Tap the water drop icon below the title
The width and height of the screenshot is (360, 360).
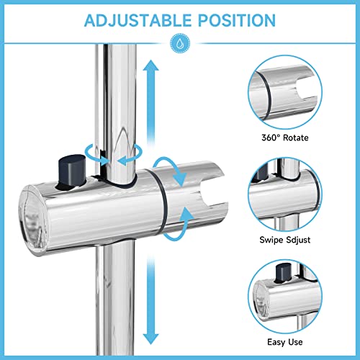coord(179,44)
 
